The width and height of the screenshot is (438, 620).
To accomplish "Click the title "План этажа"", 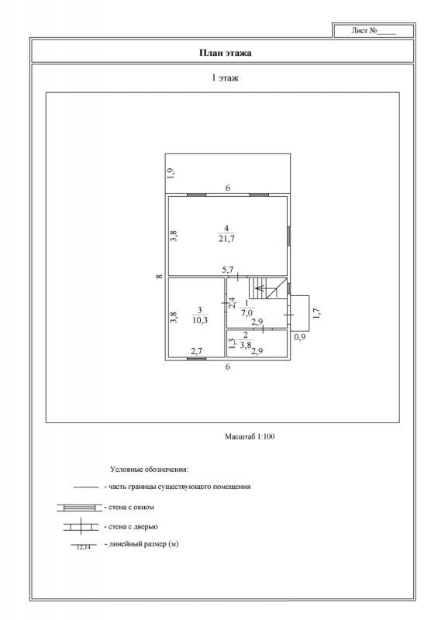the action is [225, 53].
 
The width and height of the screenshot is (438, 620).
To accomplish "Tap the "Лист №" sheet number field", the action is [374, 31].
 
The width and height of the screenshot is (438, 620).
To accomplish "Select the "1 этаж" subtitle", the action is [225, 78].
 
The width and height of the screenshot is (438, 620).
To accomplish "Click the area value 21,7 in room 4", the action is [226, 239].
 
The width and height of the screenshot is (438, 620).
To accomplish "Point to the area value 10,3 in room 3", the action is [200, 320].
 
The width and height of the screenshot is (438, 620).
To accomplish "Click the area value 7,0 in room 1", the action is [247, 313].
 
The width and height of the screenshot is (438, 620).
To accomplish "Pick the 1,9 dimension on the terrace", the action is [170, 174].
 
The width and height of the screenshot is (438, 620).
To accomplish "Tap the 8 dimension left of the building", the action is [159, 277].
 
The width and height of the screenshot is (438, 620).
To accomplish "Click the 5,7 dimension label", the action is [228, 270].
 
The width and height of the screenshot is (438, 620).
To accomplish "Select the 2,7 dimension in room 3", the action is [197, 350].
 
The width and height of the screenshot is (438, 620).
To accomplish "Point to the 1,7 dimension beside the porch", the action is [316, 314].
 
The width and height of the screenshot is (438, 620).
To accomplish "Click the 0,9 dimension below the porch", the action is [300, 337].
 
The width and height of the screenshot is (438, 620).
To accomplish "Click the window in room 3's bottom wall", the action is [196, 359].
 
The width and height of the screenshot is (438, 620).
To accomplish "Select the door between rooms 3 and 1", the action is [225, 303].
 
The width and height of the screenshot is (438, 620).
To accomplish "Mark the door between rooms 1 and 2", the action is [263, 328].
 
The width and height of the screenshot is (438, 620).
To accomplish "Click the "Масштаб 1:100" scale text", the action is [250, 437].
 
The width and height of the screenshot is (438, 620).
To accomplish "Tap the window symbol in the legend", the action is [80, 508].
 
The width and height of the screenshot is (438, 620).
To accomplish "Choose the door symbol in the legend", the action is [81, 527].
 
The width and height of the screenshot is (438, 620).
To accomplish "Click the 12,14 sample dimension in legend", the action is [83, 547].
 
